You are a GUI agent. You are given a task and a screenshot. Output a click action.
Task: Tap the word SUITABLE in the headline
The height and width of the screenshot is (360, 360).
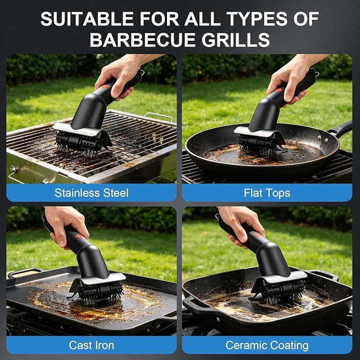[87, 19]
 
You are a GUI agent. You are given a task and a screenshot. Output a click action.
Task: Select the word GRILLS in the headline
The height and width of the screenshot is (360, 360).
[236, 40]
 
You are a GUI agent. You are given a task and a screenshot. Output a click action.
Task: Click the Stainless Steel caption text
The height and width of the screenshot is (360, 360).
[91, 193]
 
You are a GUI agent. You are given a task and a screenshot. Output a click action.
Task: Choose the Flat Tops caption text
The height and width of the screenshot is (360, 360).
[267, 193]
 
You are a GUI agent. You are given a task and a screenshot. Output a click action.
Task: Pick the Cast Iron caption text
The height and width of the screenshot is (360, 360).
[91, 345]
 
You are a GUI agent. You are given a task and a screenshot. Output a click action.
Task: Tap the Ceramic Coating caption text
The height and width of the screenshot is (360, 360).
[267, 346]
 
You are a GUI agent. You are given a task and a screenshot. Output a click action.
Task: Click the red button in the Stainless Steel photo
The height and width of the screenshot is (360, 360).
[105, 87]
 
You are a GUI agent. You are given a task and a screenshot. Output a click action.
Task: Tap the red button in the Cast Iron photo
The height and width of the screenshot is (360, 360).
[79, 236]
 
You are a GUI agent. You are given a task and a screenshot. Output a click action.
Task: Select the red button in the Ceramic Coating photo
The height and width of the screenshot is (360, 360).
[257, 234]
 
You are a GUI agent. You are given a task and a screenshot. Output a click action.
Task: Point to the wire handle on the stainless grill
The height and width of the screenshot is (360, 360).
[159, 117]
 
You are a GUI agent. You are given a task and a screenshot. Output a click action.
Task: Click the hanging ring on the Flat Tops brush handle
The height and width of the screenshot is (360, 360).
[317, 74]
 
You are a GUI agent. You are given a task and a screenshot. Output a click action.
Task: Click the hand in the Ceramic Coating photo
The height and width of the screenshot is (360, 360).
[241, 224]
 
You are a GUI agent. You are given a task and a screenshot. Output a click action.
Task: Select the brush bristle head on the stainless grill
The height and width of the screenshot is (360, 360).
[81, 144]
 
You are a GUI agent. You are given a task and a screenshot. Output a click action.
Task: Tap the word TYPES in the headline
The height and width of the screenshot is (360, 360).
[257, 19]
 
